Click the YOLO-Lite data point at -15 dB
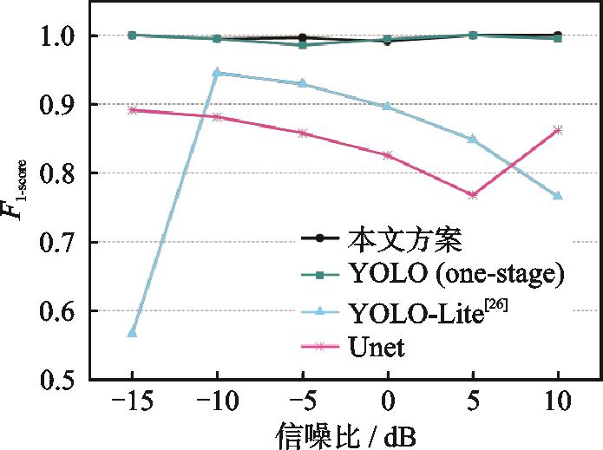[x=132, y=332]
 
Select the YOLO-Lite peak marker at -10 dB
[x=217, y=73]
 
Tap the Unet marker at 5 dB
[x=473, y=194]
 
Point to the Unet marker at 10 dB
[x=558, y=130]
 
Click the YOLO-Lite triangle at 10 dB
[x=558, y=196]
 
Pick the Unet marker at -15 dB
[x=132, y=110]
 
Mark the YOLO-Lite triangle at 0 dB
[x=388, y=106]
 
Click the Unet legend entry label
[x=378, y=347]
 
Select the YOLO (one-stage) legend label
[x=456, y=275]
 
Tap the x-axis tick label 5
[x=473, y=401]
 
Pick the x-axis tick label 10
[x=558, y=401]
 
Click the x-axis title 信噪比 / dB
[x=344, y=432]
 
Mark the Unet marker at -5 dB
[x=302, y=133]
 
